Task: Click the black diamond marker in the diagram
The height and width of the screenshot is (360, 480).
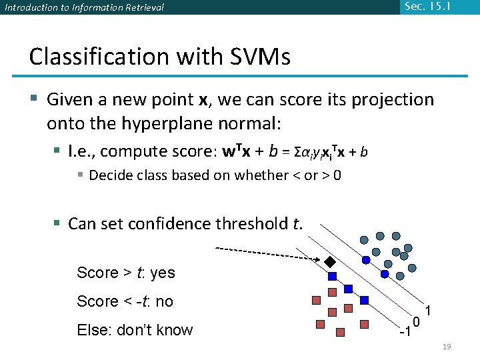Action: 329,260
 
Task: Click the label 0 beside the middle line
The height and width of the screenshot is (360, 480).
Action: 415,323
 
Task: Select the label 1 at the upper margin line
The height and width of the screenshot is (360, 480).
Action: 430,311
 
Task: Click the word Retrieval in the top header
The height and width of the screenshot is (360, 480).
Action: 142,8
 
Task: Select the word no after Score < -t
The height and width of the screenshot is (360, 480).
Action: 164,301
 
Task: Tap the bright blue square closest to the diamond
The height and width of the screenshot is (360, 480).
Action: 332,275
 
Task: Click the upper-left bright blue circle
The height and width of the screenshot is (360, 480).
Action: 365,259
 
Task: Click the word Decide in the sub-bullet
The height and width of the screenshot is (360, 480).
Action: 111,175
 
